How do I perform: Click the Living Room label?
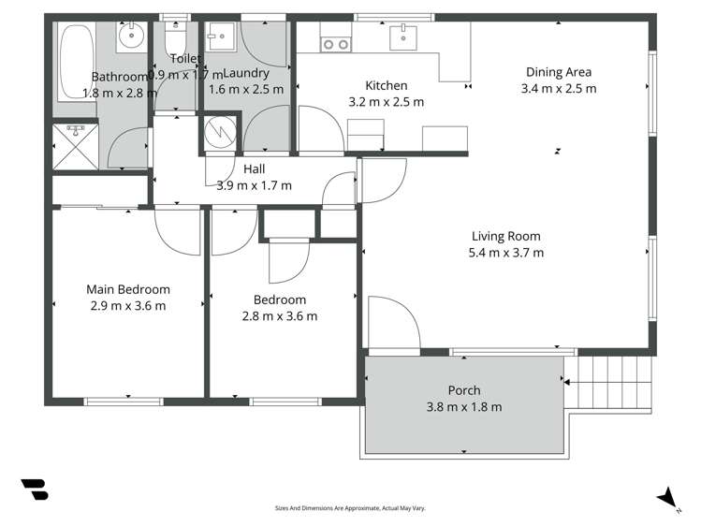(505, 236)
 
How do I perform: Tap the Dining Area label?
(558, 72)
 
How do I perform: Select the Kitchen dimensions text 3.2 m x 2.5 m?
(386, 101)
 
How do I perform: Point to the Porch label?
(464, 390)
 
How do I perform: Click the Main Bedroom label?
(128, 289)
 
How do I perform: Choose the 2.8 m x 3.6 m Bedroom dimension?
(280, 315)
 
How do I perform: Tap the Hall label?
(254, 168)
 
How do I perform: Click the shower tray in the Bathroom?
(75, 146)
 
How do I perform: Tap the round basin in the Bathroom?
(130, 39)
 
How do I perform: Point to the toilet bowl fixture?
(174, 41)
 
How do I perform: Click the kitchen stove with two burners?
(335, 43)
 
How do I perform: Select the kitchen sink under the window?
(404, 38)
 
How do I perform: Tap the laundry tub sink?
(222, 37)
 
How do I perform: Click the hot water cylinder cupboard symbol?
(220, 134)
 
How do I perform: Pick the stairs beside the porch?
(613, 380)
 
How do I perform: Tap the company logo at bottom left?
(35, 490)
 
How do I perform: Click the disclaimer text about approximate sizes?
(350, 508)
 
